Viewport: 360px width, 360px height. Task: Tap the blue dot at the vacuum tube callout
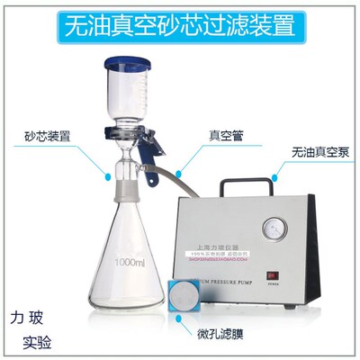181,167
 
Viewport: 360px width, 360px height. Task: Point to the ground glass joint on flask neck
121,193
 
